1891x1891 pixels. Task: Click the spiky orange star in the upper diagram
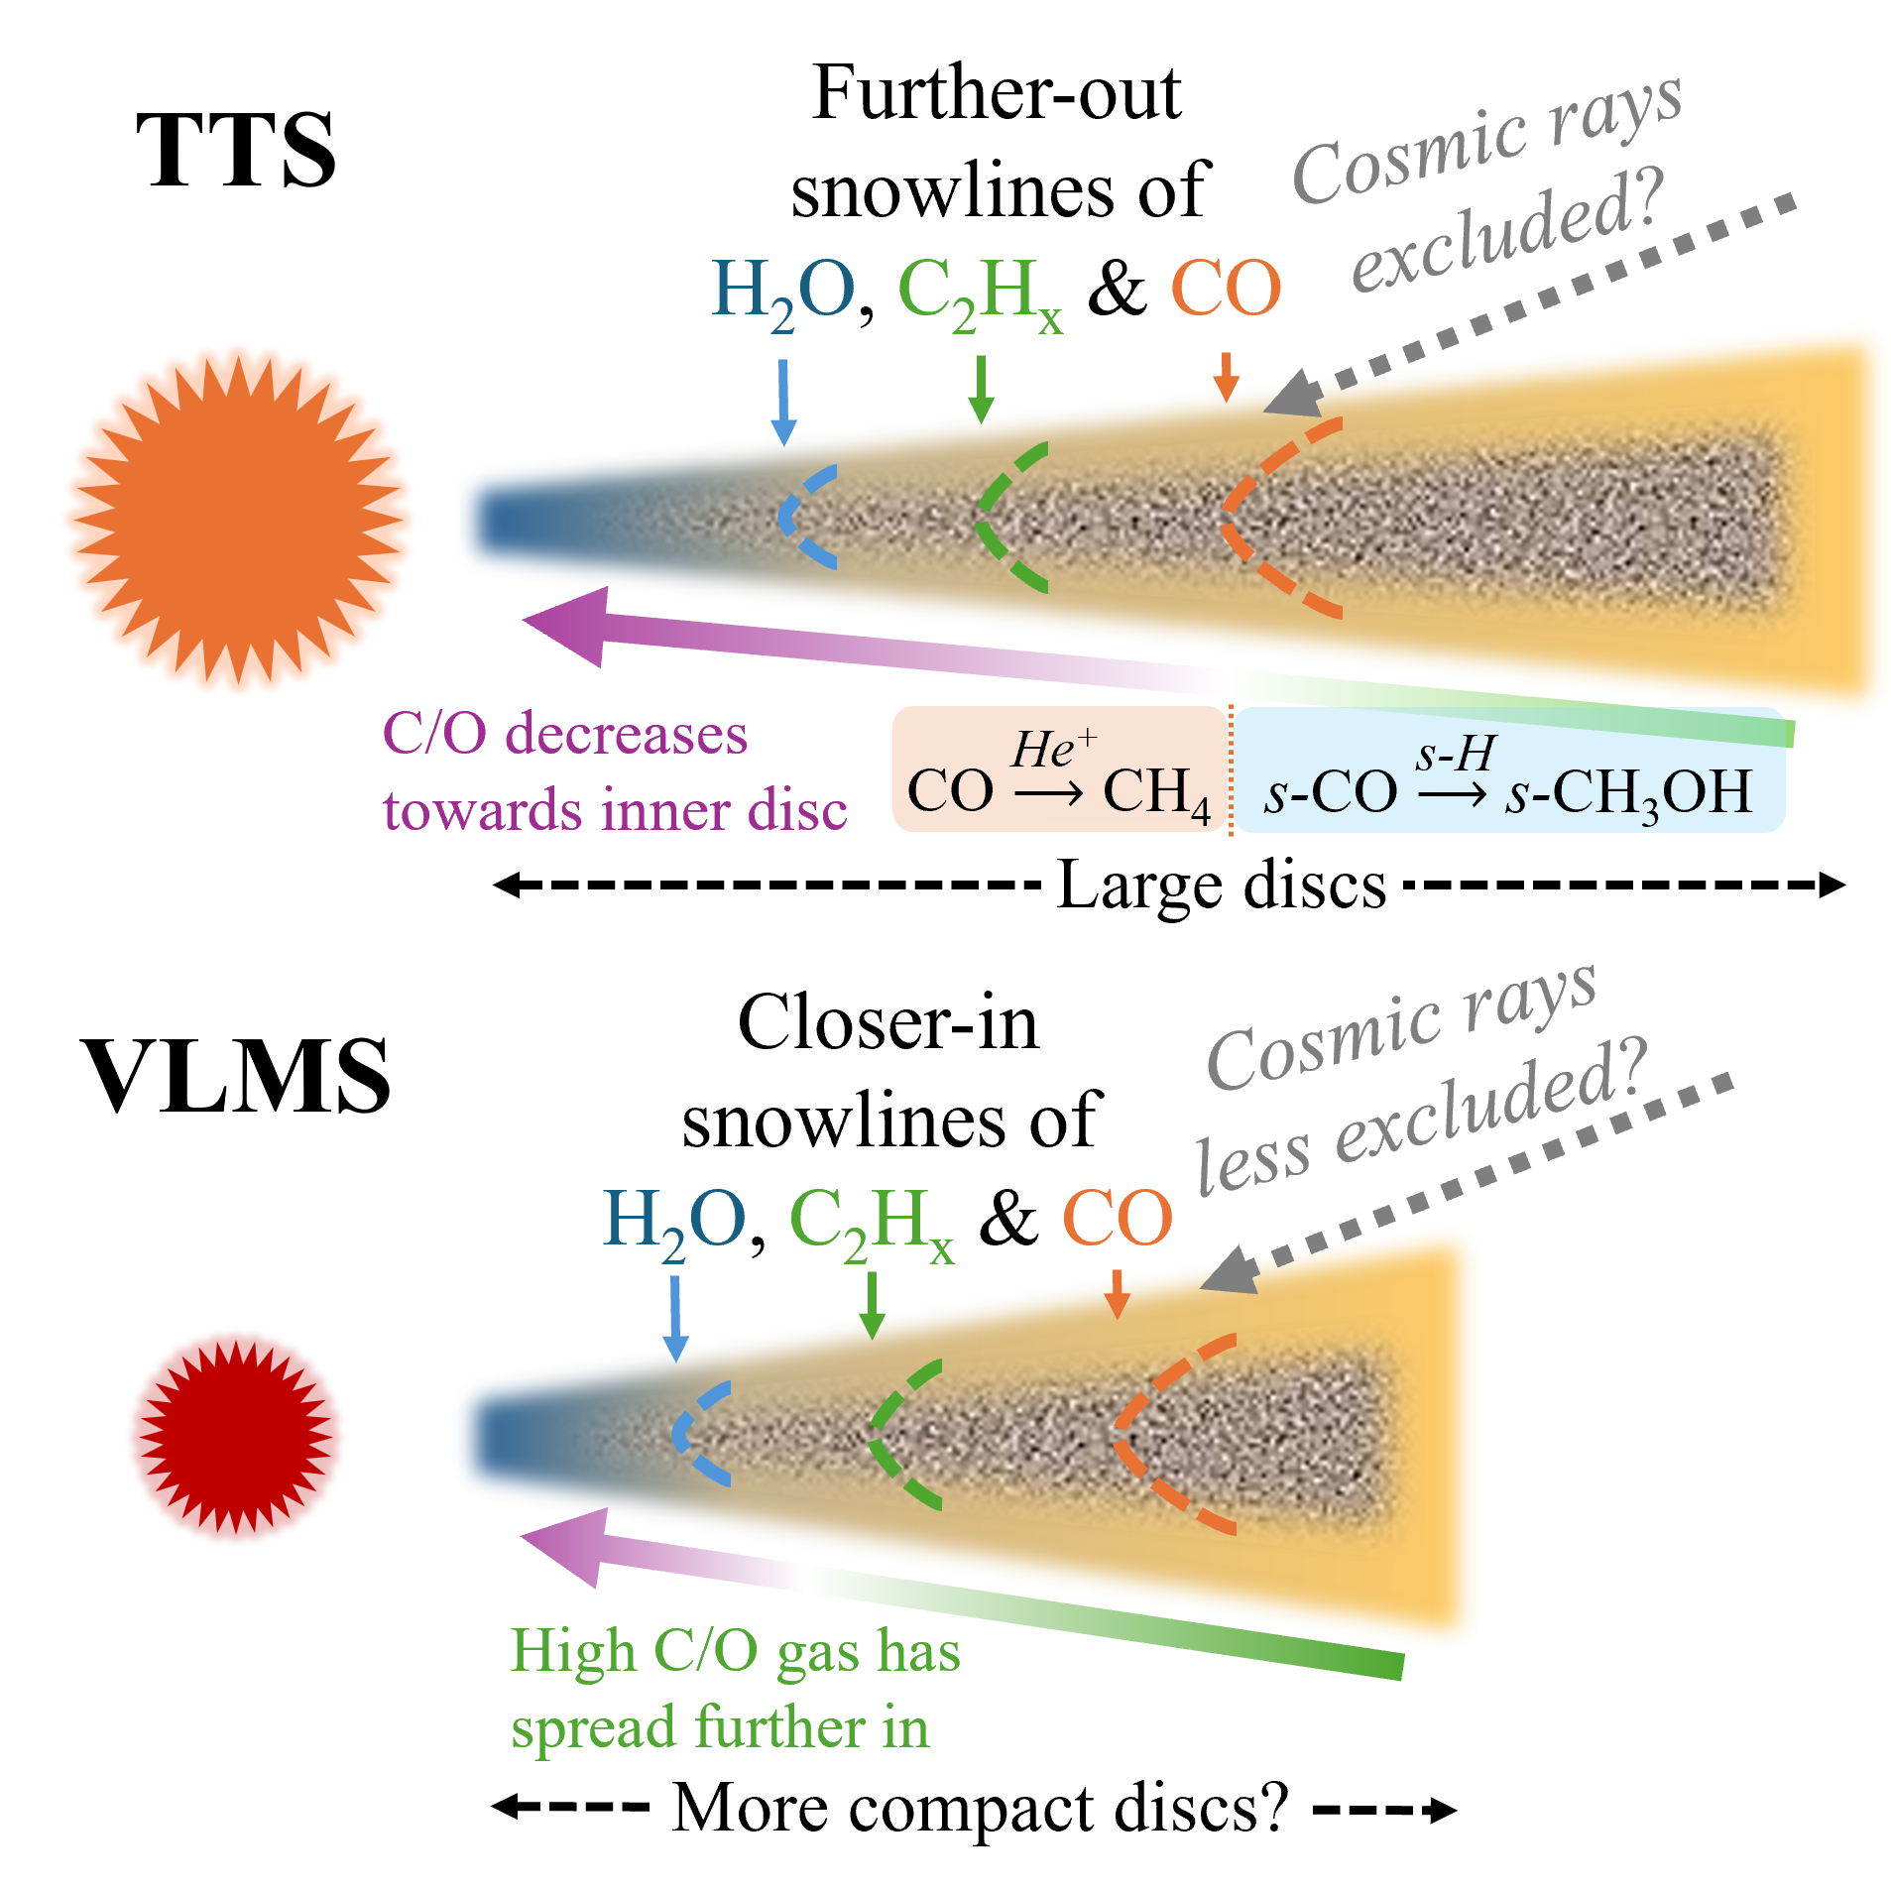tap(238, 520)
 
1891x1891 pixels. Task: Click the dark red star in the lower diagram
tap(236, 1436)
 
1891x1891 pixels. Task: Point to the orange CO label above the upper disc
tap(1227, 289)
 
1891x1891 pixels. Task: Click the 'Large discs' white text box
tap(1222, 886)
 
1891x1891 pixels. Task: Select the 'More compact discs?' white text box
tap(984, 1807)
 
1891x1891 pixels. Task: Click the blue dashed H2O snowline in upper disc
tap(799, 517)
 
